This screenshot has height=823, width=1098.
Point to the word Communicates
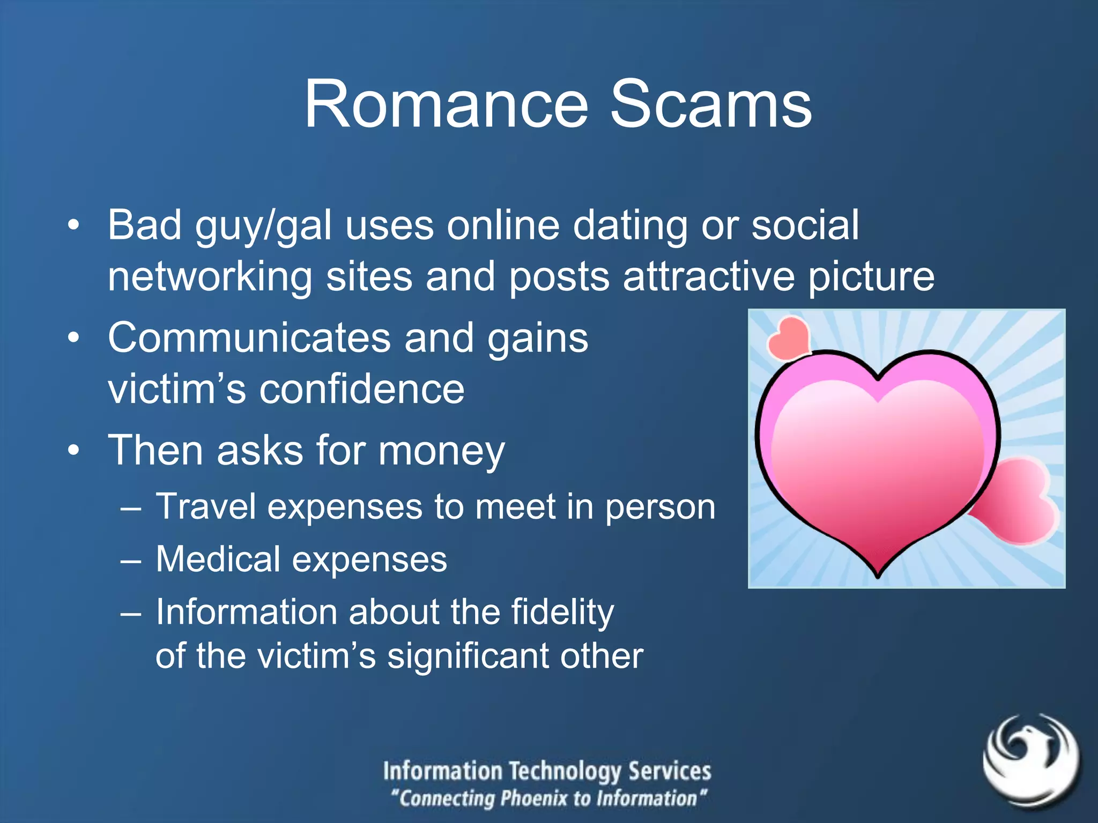click(x=249, y=338)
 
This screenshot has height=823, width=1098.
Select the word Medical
click(x=218, y=559)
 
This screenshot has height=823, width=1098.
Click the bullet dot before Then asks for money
click(x=74, y=450)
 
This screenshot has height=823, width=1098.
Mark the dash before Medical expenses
click(x=131, y=561)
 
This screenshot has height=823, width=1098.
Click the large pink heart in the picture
click(x=877, y=461)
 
